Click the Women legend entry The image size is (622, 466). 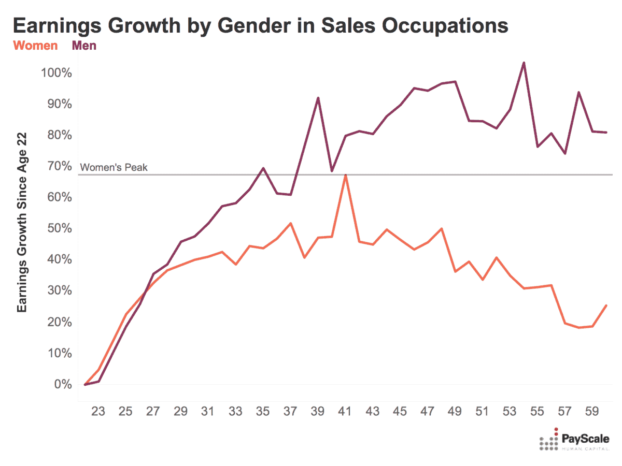35,46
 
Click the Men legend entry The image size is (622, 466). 84,46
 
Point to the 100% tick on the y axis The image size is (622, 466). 55,72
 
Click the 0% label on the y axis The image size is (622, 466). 61,384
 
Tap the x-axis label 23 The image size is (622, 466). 98,412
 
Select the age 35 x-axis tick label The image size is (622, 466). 263,412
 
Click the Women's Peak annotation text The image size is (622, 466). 114,167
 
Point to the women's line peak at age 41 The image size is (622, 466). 345,175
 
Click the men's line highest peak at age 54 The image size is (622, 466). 524,63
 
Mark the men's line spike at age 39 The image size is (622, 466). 318,98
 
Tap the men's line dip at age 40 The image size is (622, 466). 332,171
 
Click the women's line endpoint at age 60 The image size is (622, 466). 606,305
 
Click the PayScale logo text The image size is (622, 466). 585,440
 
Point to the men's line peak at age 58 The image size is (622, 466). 578,93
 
